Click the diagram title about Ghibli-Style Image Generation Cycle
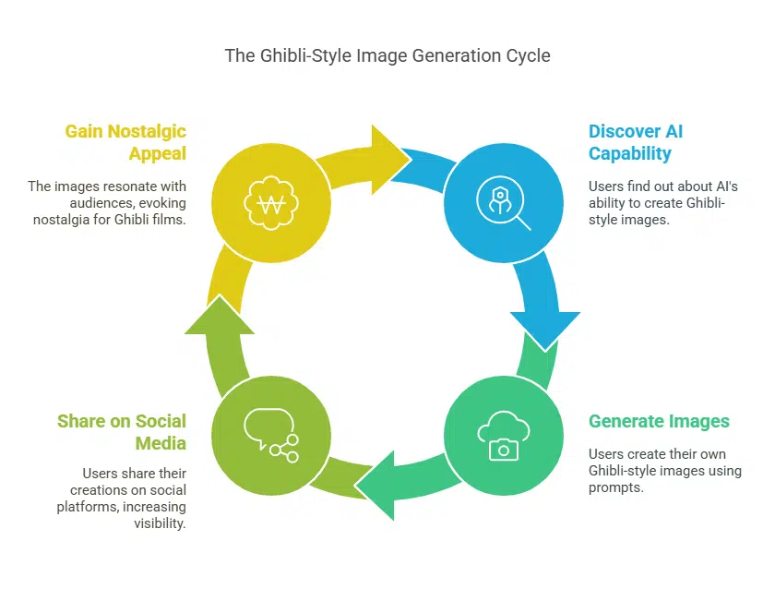coord(387,55)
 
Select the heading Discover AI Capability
coord(636,142)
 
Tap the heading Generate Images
coord(659,422)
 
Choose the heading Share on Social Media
coord(122,432)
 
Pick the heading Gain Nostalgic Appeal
coord(125,142)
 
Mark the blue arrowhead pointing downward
coord(545,328)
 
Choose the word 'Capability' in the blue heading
coord(630,153)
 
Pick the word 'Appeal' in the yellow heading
coord(158,153)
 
